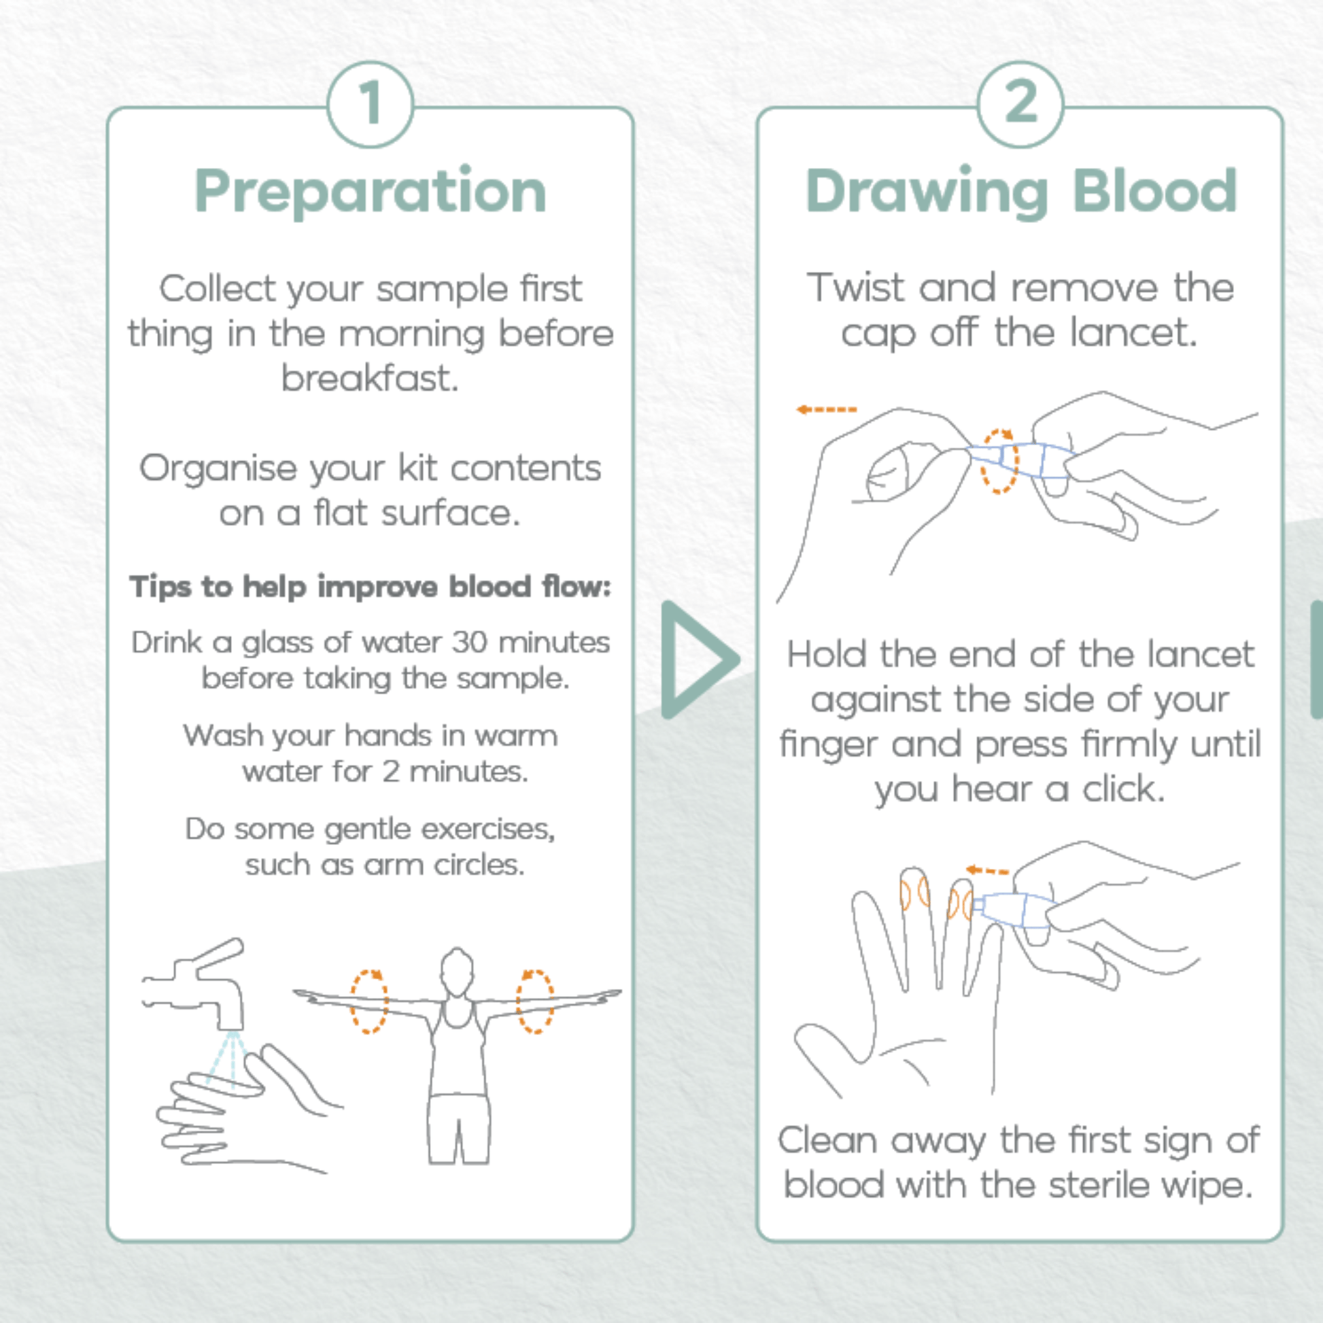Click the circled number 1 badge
coord(371,104)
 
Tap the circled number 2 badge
coord(1020,104)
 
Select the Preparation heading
coord(371,192)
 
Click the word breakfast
coord(370,379)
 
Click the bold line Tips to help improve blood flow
coord(370,587)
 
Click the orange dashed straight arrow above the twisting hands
coord(826,409)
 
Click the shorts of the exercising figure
coord(458,1128)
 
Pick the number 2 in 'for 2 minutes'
coord(390,772)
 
